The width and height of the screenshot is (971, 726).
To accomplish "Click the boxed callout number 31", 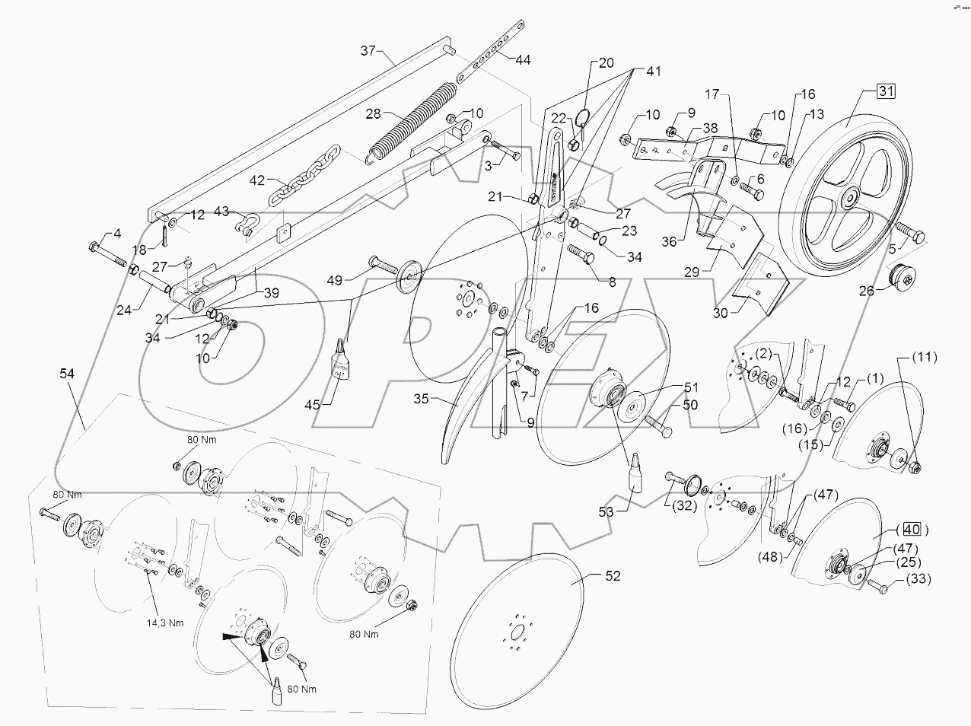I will pyautogui.click(x=886, y=91).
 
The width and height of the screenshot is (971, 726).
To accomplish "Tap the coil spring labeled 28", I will pyautogui.click(x=411, y=122).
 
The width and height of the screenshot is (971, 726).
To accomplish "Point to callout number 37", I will pyautogui.click(x=369, y=51).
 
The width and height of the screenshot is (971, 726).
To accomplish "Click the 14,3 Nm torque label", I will pyautogui.click(x=165, y=622).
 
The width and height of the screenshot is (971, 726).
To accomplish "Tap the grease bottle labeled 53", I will pyautogui.click(x=635, y=476).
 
